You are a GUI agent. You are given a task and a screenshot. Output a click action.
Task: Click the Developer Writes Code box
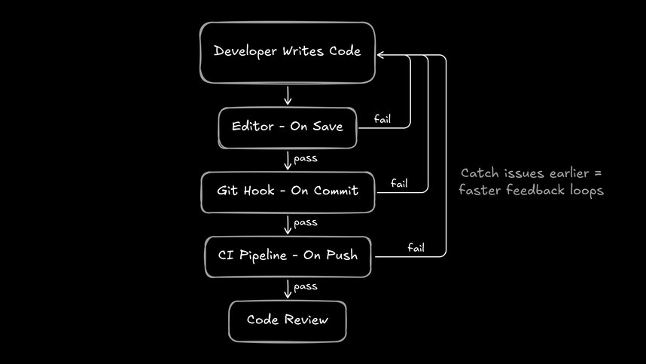287,52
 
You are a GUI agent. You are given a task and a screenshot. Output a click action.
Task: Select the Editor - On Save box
287,127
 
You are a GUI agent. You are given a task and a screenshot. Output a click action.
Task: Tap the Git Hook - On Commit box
288,191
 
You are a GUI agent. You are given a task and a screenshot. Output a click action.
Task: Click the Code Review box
288,320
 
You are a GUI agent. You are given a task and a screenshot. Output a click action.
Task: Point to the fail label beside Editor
382,118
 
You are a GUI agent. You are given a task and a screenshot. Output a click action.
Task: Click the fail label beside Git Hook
400,183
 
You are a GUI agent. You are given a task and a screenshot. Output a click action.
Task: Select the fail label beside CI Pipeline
416,247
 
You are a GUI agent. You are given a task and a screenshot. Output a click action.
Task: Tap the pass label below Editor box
305,158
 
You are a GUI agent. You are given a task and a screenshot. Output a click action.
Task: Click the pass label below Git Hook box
305,222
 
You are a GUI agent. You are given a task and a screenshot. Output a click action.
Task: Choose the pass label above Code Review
305,286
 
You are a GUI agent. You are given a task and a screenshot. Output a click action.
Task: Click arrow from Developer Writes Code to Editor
288,95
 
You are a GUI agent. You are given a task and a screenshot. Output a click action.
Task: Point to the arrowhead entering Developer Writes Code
381,54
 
